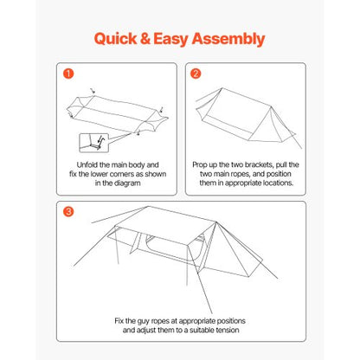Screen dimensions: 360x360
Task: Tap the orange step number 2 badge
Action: point(196,74)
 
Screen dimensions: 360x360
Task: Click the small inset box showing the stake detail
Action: point(89,141)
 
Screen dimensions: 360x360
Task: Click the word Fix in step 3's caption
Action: point(120,321)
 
